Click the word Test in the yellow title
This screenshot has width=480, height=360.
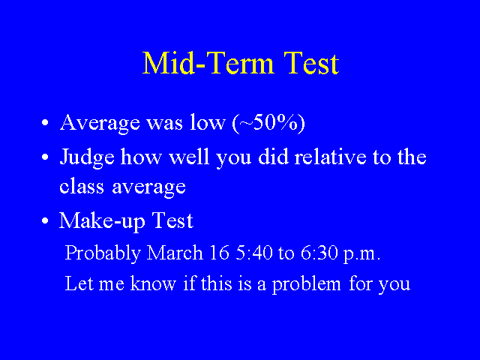tap(311, 63)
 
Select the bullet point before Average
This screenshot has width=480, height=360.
tap(45, 122)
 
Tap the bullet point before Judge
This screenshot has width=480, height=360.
tap(45, 157)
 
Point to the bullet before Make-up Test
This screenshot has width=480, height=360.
tap(45, 220)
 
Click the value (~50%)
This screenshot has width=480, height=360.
tap(268, 123)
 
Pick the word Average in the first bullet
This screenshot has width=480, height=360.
tap(100, 124)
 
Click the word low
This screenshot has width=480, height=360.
tap(207, 122)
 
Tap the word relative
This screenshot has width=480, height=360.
tap(330, 157)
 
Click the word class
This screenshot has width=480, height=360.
tap(82, 186)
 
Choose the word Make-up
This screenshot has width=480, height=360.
tap(102, 222)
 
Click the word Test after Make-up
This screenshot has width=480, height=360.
tap(173, 220)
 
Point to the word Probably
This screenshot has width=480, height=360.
tap(103, 254)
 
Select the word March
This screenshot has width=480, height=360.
tap(175, 253)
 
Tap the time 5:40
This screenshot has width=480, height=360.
tap(254, 253)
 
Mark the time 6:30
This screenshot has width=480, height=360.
tap(319, 253)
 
